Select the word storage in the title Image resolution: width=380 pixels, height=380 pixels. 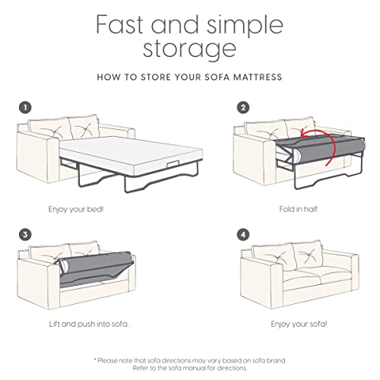pos(189,52)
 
